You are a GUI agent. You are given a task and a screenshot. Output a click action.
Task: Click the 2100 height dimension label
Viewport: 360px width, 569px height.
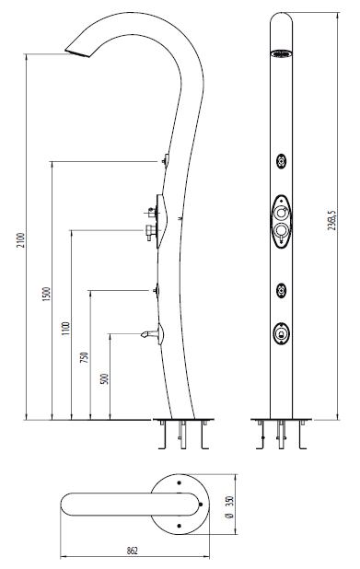click(x=22, y=240)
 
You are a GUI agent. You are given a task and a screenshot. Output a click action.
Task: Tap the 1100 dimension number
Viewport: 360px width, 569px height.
click(x=65, y=328)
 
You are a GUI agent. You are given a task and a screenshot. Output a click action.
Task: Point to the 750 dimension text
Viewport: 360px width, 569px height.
click(x=84, y=358)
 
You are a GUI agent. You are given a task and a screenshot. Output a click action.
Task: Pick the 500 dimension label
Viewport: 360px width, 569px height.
click(x=104, y=379)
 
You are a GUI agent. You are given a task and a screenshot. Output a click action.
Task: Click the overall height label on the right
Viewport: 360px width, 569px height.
click(x=331, y=220)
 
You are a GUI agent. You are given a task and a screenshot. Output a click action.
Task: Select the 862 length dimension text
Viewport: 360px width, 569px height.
click(x=133, y=551)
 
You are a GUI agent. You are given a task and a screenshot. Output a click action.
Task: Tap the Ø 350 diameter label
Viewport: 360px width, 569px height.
click(x=229, y=507)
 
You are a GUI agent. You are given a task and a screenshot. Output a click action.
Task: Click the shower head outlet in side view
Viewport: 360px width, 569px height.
click(x=77, y=53)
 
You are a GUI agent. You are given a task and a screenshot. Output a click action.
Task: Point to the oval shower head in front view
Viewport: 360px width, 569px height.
click(x=281, y=54)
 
